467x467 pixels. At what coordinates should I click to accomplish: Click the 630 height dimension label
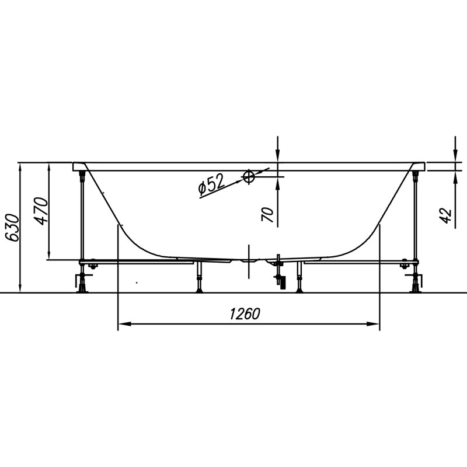tap(13, 228)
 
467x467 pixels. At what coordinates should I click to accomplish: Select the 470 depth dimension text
tap(41, 211)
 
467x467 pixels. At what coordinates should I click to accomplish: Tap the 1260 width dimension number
tap(245, 314)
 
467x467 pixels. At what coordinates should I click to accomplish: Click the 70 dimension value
tap(267, 215)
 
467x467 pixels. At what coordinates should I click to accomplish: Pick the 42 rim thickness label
tap(445, 216)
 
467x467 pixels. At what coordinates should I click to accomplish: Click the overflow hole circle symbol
tap(248, 177)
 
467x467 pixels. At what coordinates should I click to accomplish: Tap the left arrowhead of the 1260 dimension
tap(124, 324)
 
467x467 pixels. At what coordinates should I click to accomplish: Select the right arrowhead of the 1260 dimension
tap(373, 324)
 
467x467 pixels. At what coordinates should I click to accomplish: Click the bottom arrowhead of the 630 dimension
tap(20, 287)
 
